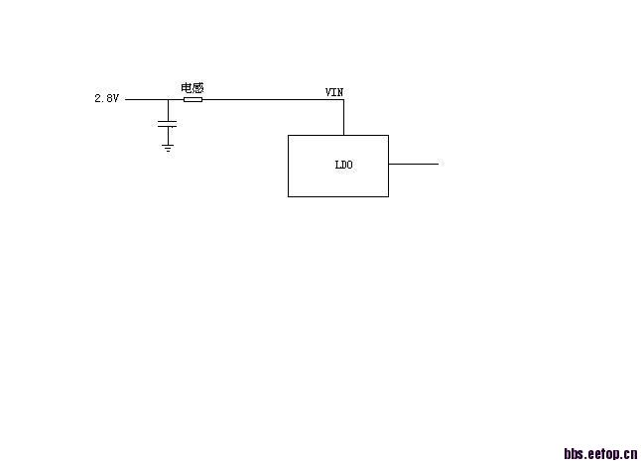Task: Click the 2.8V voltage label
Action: tap(106, 99)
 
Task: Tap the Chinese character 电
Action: tap(186, 88)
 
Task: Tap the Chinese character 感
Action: tap(197, 88)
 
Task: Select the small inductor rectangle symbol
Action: tap(193, 99)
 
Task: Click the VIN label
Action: tap(334, 91)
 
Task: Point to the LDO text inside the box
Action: tap(343, 165)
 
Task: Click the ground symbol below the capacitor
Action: tap(168, 147)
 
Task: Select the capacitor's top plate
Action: tap(168, 124)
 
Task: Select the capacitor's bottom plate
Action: tap(168, 130)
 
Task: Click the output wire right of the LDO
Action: tap(412, 164)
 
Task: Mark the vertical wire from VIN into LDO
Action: tap(343, 117)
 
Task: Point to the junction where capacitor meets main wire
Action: tap(168, 99)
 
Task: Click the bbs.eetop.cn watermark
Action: tap(600, 454)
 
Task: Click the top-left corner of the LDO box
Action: tap(289, 136)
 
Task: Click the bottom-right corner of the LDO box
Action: tap(388, 196)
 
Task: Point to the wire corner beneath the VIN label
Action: tap(343, 99)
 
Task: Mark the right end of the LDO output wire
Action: tap(437, 164)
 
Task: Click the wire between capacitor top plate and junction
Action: tap(168, 111)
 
